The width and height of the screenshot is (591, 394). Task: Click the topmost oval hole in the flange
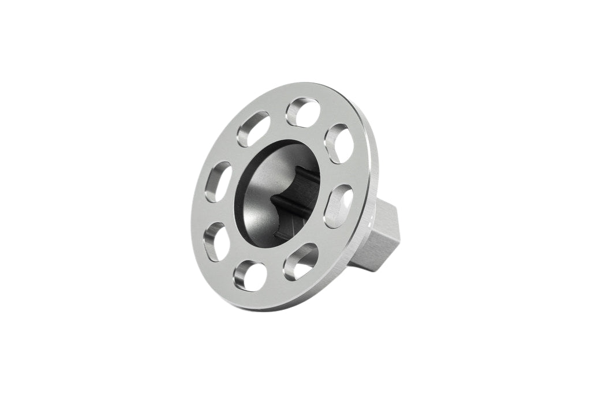pos(303,111)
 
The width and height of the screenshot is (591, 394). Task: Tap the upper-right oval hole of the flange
pos(339,143)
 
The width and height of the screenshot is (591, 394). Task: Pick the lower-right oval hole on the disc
pos(301,261)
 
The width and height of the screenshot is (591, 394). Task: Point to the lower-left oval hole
pos(217,241)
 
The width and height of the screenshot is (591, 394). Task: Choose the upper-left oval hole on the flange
pos(253,128)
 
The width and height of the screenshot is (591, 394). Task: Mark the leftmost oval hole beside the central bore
pos(219,181)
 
